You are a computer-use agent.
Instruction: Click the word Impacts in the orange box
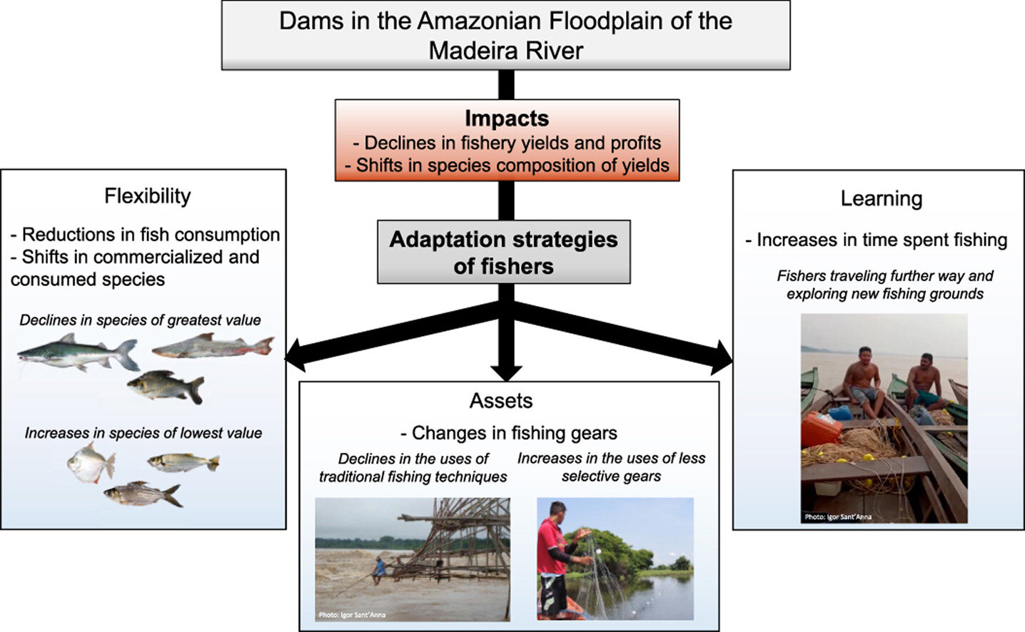click(x=506, y=118)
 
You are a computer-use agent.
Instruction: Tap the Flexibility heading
click(x=148, y=196)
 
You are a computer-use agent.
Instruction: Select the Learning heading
click(x=881, y=199)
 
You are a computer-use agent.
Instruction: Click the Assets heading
click(x=501, y=401)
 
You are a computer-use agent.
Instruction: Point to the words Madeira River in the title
click(x=505, y=51)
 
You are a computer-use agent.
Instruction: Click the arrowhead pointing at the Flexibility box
click(x=295, y=354)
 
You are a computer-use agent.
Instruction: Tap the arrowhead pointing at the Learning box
click(x=722, y=357)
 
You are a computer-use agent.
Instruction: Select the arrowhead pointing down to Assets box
click(x=506, y=372)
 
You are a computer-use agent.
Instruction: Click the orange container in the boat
click(x=821, y=428)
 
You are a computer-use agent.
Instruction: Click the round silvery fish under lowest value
click(x=91, y=463)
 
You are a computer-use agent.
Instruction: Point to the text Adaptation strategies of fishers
click(x=503, y=253)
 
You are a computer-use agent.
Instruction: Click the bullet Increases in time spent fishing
click(x=877, y=240)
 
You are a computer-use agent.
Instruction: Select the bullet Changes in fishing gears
click(x=508, y=433)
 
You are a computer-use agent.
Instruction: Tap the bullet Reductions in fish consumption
click(x=146, y=235)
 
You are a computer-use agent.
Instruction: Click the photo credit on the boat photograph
click(x=838, y=516)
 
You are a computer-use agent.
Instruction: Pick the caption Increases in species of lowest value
click(x=143, y=433)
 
